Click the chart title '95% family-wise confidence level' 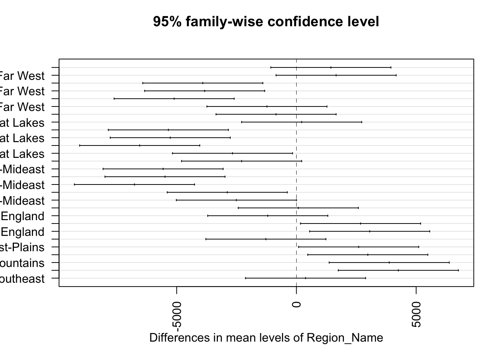[266, 22]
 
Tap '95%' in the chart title [167, 22]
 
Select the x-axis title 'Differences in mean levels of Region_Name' [266, 338]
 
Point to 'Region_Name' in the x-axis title [345, 338]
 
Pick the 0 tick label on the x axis [296, 303]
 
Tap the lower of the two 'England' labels [22, 232]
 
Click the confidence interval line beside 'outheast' [305, 278]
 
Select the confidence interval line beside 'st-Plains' [358, 247]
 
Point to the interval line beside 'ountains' [389, 262]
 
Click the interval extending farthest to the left [134, 184]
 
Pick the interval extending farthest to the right [398, 270]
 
